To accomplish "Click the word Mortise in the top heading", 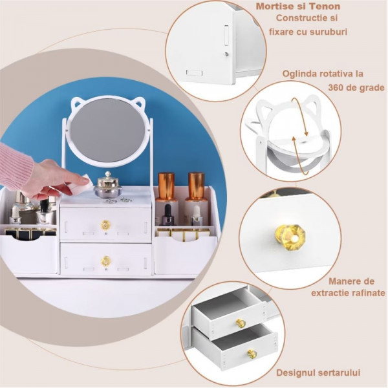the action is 274,6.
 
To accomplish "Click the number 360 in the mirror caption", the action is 336,87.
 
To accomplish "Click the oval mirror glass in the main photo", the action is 107,130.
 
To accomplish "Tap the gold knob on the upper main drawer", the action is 105,224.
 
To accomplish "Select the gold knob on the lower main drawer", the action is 105,261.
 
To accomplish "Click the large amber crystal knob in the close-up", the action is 290,235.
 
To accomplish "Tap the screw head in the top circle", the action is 227,54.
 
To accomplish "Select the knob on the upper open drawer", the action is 241,323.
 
